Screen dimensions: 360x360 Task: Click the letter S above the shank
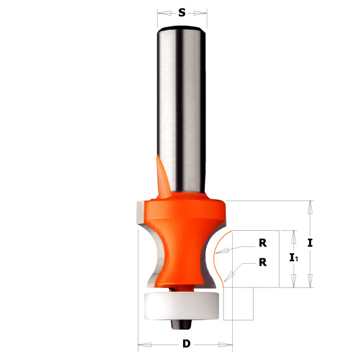[182, 12]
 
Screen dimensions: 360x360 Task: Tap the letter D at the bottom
[186, 343]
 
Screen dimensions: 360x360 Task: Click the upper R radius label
[263, 243]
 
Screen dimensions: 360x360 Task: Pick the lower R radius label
[263, 262]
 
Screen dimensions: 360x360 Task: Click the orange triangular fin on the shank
[163, 177]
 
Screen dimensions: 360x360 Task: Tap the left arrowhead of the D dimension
[141, 343]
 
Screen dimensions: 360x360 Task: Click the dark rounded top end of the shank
[182, 29]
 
